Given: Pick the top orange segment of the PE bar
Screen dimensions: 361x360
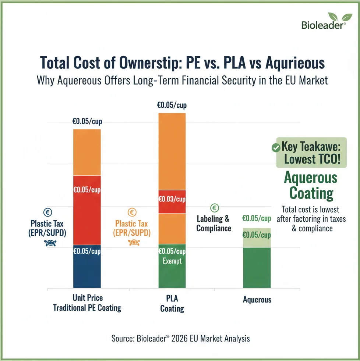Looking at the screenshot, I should pos(87,152).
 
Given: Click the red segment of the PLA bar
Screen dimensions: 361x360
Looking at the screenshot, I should pos(172,201).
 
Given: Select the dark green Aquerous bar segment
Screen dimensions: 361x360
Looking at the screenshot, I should pos(257,267).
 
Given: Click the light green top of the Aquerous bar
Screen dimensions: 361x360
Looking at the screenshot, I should pos(257,237).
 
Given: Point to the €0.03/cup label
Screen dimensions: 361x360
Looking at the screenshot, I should pos(172,199).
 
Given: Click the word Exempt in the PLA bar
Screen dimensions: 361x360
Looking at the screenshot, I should pos(172,261).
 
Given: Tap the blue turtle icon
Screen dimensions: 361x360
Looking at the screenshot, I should pos(48,243).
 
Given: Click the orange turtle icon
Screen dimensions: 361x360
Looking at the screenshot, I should pos(133,243).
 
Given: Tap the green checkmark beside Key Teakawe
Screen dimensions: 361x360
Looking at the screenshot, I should pos(275,148).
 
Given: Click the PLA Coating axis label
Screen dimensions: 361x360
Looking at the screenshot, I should pos(172,303).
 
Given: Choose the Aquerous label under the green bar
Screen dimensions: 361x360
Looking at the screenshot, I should pos(257,300).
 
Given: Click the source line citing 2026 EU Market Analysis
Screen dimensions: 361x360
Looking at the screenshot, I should pos(180,338).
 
